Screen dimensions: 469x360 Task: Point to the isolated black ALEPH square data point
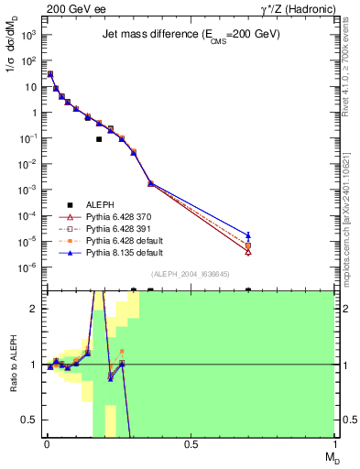99,139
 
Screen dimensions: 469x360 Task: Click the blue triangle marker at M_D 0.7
248,235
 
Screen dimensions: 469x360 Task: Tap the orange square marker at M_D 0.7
248,245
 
